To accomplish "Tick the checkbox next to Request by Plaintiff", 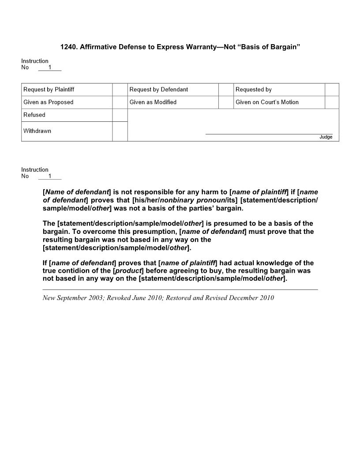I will (x=120, y=90).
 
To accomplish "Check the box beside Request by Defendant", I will (x=226, y=90).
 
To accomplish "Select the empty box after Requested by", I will (x=332, y=90).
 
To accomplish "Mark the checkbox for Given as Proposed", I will (x=120, y=102).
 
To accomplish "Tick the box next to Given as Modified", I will (x=226, y=102).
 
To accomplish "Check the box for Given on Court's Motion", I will (x=332, y=102).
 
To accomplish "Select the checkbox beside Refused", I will (x=120, y=115).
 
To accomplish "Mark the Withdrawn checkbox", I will (x=120, y=132).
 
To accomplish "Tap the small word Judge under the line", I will (x=326, y=137).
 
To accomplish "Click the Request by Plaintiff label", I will (x=49, y=90).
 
